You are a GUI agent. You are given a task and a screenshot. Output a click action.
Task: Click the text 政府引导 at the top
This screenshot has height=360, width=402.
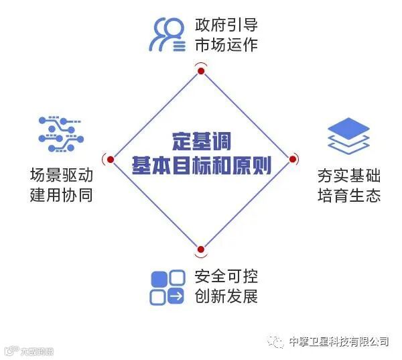[226, 26]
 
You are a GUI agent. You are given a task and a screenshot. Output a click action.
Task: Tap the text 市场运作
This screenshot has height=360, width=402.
[226, 46]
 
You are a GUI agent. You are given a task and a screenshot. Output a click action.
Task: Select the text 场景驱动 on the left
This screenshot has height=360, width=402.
[61, 176]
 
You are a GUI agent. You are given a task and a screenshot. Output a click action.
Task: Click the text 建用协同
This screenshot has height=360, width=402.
[61, 196]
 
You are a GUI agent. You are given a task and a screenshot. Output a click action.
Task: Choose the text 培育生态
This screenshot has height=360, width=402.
[348, 196]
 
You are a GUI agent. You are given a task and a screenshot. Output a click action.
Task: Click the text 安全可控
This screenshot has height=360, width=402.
[226, 276]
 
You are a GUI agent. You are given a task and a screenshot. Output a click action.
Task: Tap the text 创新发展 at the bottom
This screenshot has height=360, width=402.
[226, 296]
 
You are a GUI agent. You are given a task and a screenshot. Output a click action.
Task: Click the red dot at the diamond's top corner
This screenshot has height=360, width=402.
[200, 70]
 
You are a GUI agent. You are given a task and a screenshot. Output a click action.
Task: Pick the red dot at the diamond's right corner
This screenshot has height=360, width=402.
[293, 159]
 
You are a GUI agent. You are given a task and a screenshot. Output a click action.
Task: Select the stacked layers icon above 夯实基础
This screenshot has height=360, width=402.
[348, 135]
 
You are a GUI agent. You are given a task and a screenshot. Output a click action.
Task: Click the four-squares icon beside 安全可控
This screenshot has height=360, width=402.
[167, 287]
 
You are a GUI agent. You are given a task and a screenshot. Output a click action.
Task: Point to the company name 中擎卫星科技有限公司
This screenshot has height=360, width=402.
[338, 341]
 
